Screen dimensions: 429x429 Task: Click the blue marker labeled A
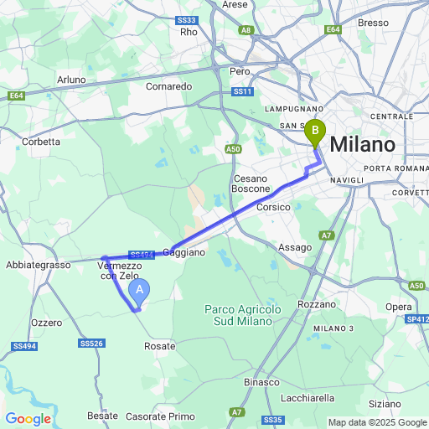tap(141, 291)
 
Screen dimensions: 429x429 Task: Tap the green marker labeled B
tap(315, 132)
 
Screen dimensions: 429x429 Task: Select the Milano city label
tap(362, 144)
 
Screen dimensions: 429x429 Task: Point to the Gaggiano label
tap(183, 251)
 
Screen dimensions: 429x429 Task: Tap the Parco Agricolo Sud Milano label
tap(243, 315)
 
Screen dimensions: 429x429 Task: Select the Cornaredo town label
tap(169, 86)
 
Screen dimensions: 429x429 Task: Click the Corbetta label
tap(41, 142)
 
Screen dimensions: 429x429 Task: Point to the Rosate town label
tap(160, 345)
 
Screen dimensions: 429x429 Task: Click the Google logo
tap(28, 419)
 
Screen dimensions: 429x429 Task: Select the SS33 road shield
tap(187, 19)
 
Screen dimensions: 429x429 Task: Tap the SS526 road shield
tap(91, 344)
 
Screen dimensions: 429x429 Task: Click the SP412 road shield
tap(417, 320)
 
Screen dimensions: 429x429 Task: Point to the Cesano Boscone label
tap(251, 183)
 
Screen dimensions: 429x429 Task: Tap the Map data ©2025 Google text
tap(377, 422)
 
